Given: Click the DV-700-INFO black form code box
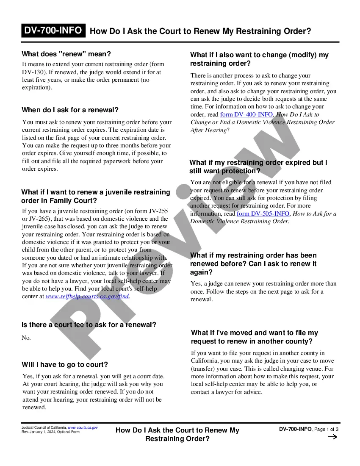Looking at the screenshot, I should point(53,31).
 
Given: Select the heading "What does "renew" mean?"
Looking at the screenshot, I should point(66,54).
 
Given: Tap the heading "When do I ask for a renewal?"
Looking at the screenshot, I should point(70,110).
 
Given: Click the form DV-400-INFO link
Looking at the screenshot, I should point(246,115).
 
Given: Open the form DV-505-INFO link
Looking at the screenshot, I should point(263,214).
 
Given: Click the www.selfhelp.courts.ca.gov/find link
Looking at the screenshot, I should point(87,297).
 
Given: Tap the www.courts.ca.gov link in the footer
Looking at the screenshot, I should point(83,427).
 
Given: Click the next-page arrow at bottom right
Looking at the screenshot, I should point(333,437).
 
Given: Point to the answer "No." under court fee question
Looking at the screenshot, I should point(26,338).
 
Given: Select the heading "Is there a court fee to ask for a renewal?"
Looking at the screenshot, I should point(89,325).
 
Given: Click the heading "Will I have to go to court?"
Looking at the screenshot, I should point(65,365).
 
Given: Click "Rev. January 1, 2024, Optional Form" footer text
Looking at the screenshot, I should point(50,432).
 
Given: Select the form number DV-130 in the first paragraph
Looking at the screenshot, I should point(32,72).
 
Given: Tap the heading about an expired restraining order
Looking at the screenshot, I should point(258,167).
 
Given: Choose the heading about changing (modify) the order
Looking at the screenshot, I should point(259,59).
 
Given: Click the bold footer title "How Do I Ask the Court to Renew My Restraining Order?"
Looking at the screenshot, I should point(177,434).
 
